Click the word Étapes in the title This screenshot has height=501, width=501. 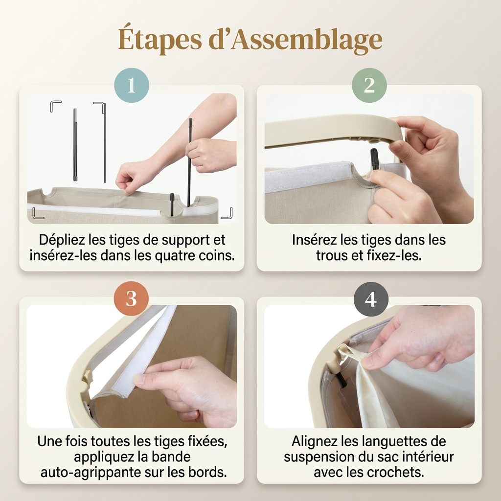160,40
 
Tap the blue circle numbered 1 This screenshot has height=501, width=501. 132,85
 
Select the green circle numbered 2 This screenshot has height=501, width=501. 369,85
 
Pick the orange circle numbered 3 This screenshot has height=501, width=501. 131,298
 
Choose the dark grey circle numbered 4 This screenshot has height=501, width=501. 371,299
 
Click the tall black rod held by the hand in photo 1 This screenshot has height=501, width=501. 190,162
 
